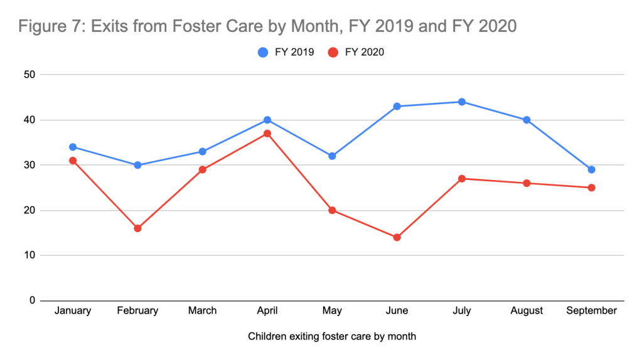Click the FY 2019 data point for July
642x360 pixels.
click(x=461, y=102)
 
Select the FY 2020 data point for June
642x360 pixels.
click(x=397, y=237)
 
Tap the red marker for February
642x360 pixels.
click(x=137, y=228)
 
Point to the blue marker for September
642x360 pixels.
click(x=591, y=169)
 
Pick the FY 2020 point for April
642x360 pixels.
click(x=267, y=134)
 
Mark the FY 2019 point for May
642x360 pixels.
click(x=332, y=156)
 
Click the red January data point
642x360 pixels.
click(x=73, y=161)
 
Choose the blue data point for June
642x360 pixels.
click(x=397, y=106)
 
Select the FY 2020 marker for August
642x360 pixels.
click(x=527, y=183)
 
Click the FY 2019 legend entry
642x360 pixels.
click(x=287, y=53)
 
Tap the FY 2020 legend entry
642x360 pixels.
click(x=356, y=53)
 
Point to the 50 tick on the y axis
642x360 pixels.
click(x=28, y=75)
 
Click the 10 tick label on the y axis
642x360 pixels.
click(x=28, y=255)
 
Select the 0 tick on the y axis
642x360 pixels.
click(x=30, y=300)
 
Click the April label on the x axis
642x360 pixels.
click(x=267, y=310)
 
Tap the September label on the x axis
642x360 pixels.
click(x=591, y=310)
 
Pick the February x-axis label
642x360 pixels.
click(x=137, y=310)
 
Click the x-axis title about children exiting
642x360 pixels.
click(x=332, y=336)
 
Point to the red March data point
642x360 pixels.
click(x=203, y=170)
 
